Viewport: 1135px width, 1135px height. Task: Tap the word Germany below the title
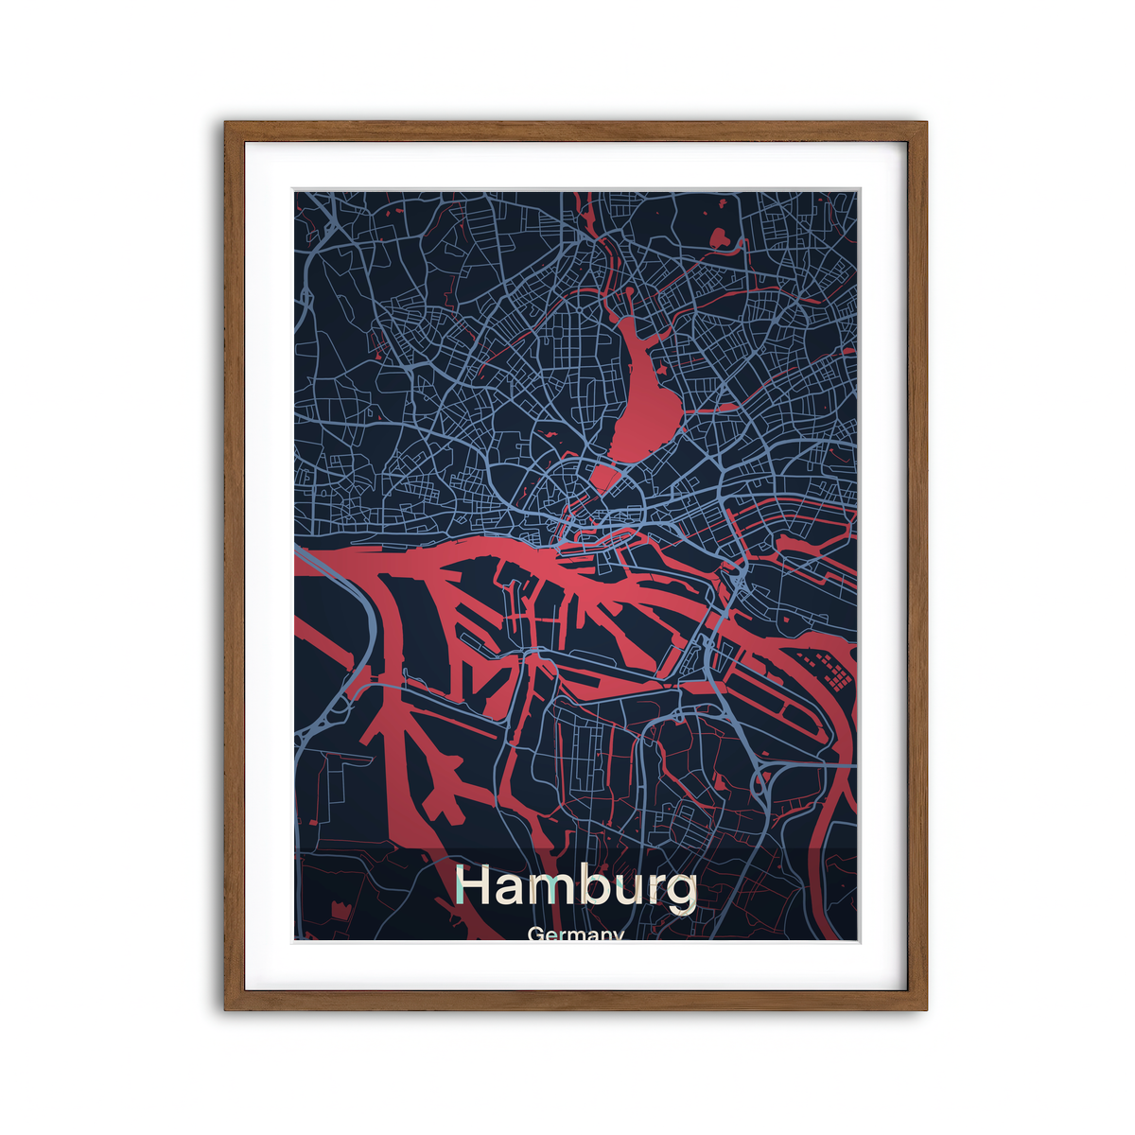tap(576, 934)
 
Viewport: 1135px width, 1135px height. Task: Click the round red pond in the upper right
tap(721, 237)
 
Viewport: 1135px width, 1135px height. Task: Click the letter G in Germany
tap(536, 934)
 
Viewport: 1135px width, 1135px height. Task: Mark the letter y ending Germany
tap(618, 936)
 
